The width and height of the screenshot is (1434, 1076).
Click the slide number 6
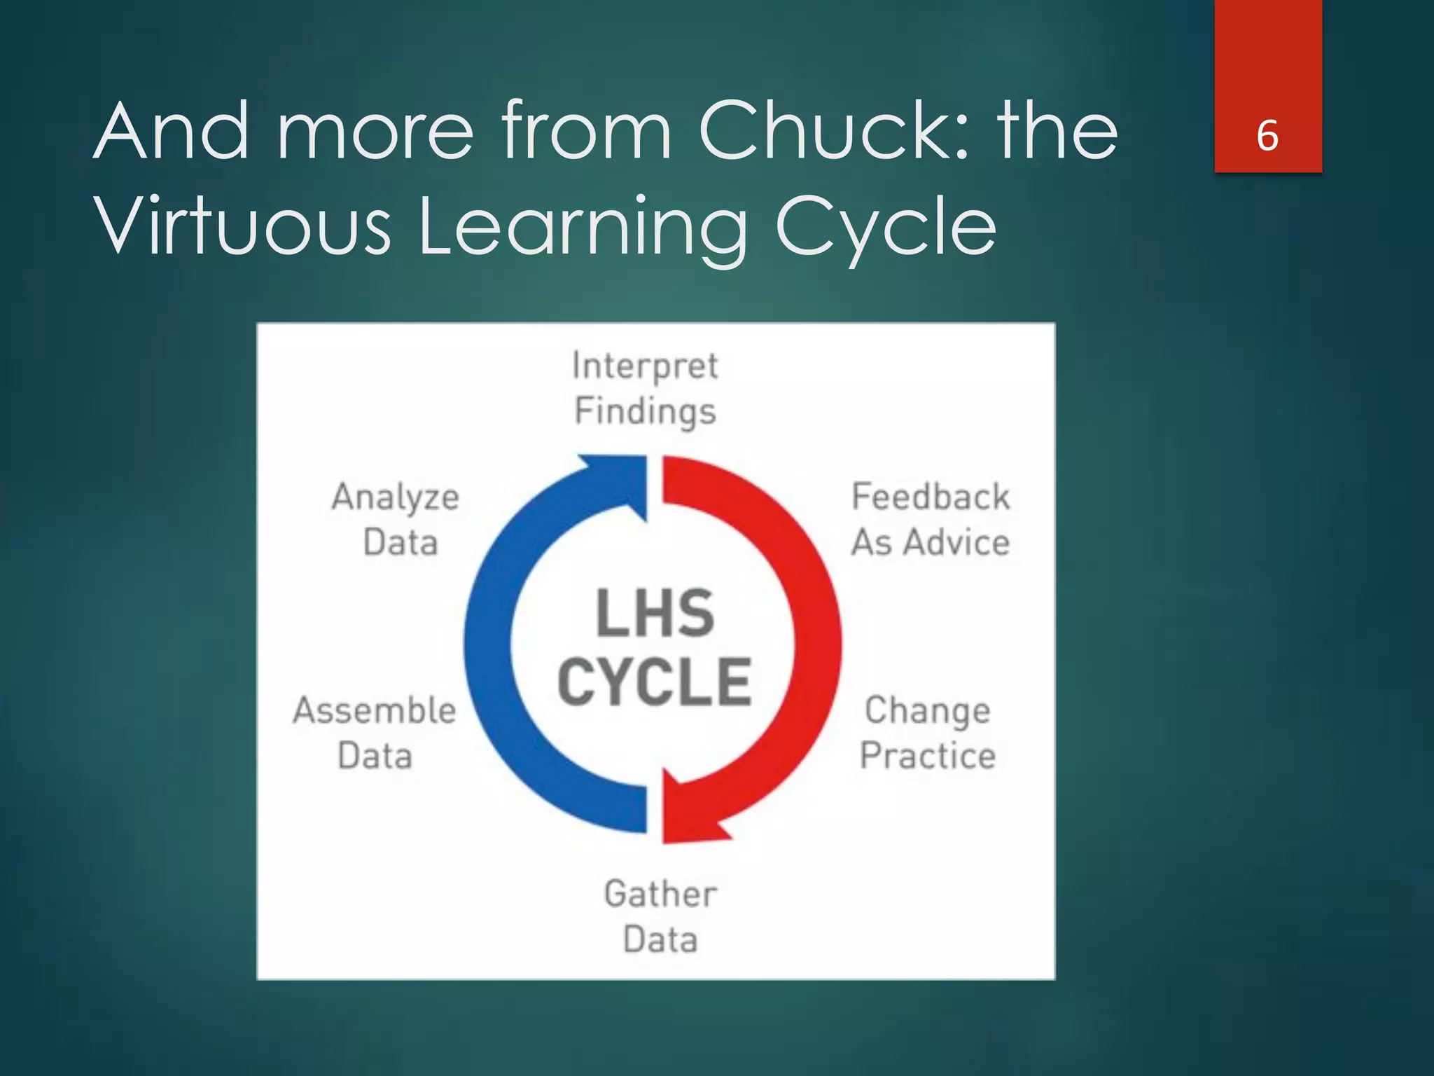pyautogui.click(x=1267, y=135)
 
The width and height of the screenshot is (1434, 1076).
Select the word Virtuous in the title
pyautogui.click(x=242, y=226)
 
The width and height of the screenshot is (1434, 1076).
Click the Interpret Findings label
pyautogui.click(x=645, y=388)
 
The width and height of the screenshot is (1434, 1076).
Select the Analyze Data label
pyautogui.click(x=396, y=519)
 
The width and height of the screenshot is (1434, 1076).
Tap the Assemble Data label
pyautogui.click(x=375, y=733)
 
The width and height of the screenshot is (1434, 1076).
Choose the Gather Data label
pyautogui.click(x=660, y=916)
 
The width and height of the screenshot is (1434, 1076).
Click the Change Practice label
pyautogui.click(x=928, y=733)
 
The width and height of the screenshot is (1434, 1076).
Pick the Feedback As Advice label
pyautogui.click(x=931, y=519)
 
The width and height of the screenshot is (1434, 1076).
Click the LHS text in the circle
pyautogui.click(x=655, y=614)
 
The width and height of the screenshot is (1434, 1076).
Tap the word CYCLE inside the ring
pyautogui.click(x=655, y=682)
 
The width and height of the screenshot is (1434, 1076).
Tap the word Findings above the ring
pyautogui.click(x=645, y=411)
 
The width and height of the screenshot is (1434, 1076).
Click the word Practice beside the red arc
pyautogui.click(x=928, y=756)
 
